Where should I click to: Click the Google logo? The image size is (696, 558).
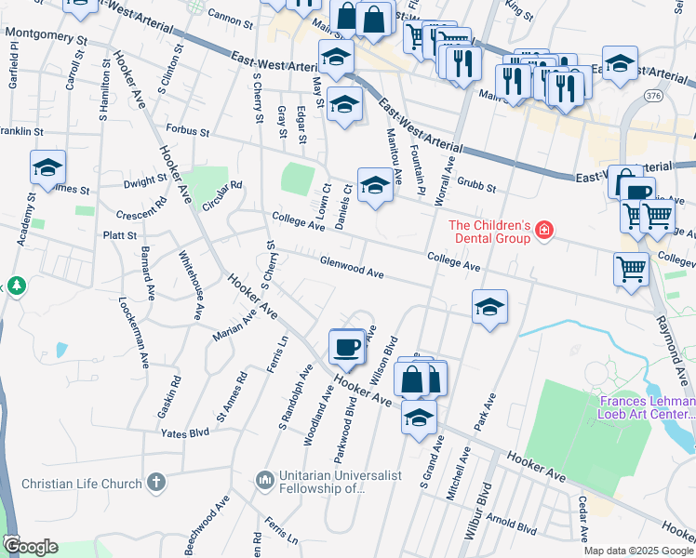31,546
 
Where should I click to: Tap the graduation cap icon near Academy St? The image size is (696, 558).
47,168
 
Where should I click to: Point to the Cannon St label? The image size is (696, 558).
232,18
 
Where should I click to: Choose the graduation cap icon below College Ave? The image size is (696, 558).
489,307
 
